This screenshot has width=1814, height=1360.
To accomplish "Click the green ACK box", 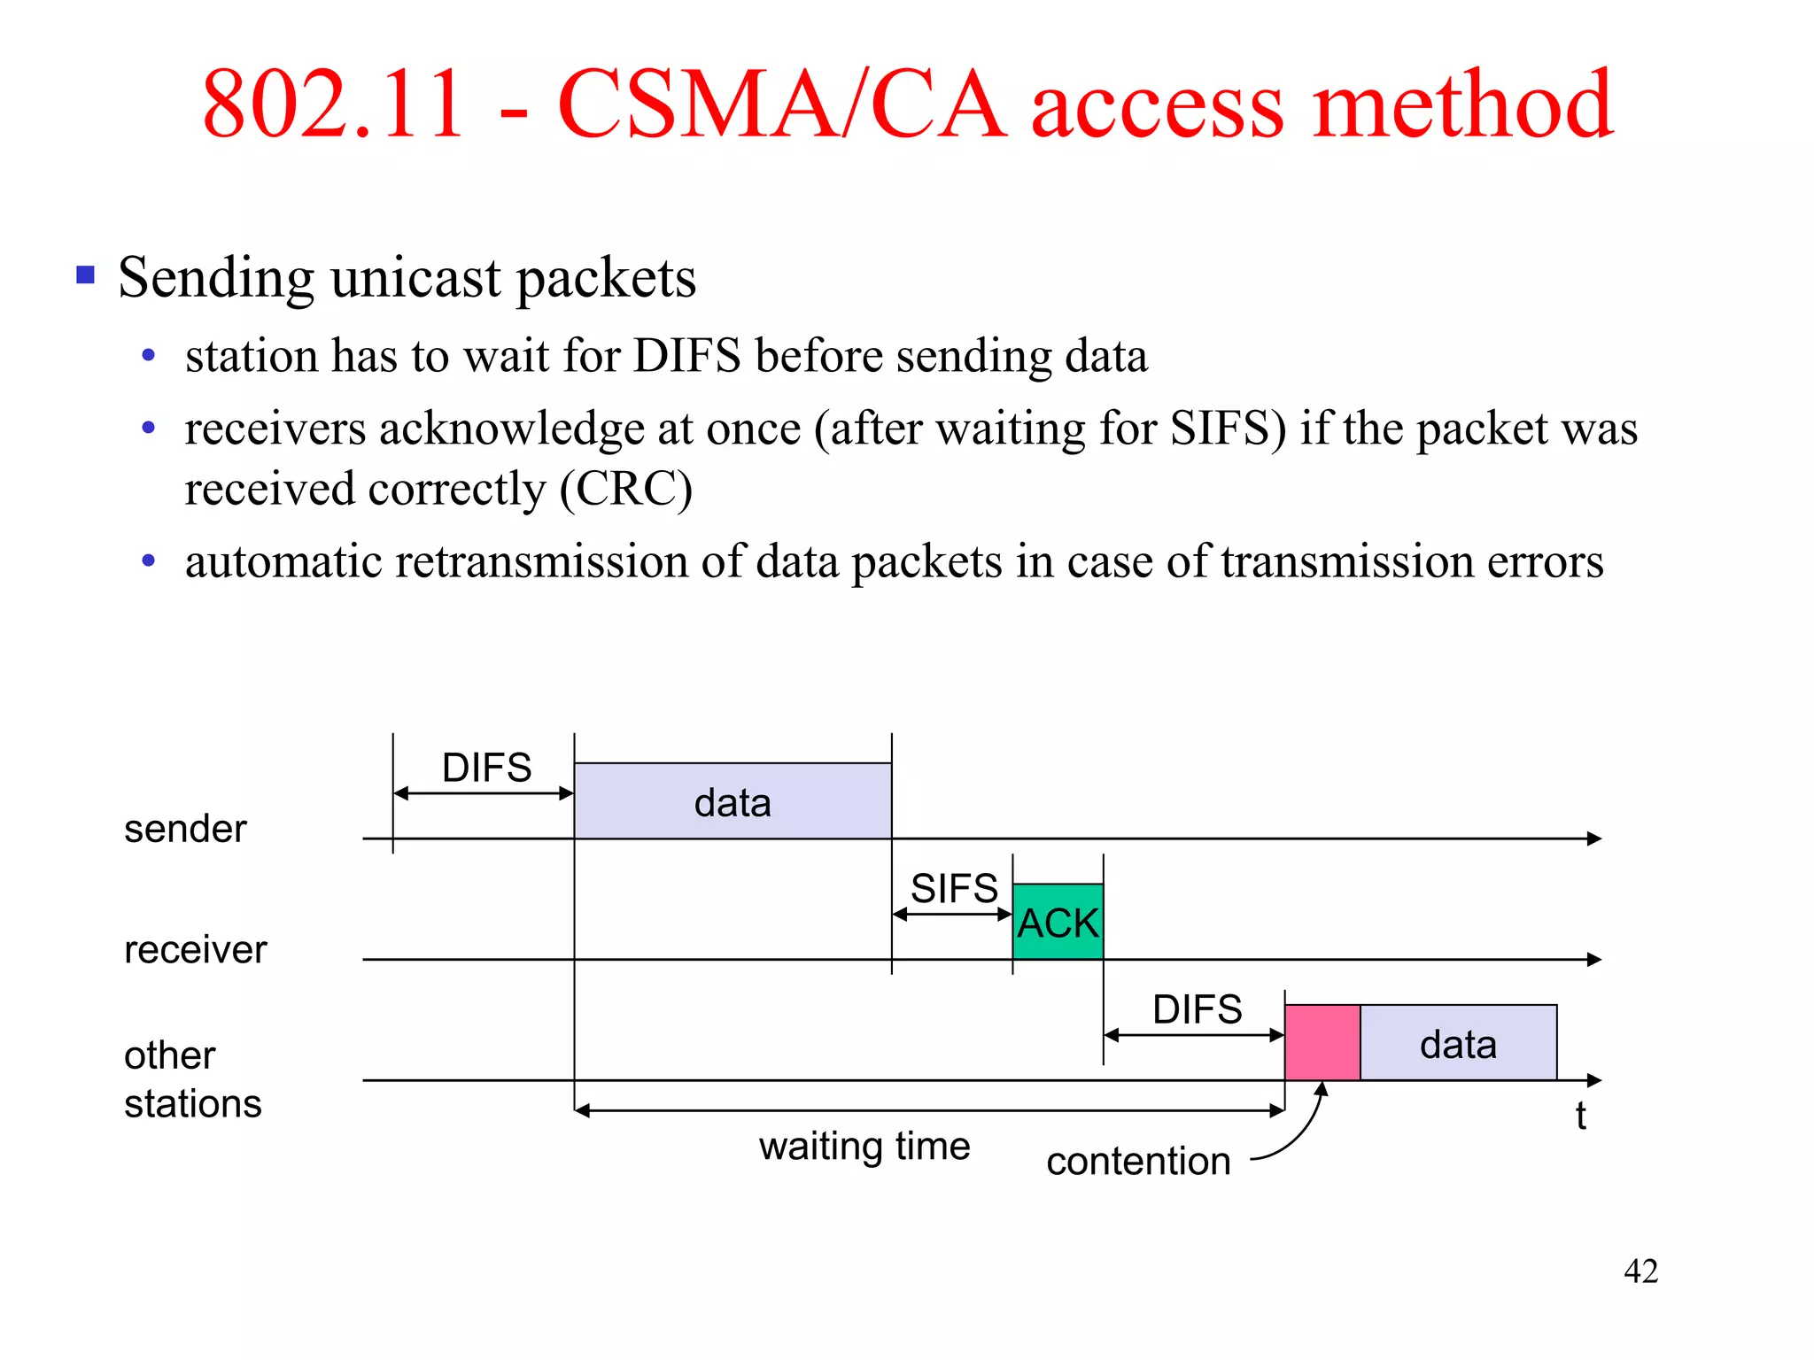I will (x=1058, y=922).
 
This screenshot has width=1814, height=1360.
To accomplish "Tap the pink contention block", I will (x=1322, y=1042).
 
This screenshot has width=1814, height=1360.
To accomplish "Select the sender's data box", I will (x=733, y=801).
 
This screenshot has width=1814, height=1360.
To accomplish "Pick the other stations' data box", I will (x=1458, y=1043).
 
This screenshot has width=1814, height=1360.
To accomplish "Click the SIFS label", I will (x=954, y=888).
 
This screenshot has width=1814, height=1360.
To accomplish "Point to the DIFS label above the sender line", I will (x=486, y=768).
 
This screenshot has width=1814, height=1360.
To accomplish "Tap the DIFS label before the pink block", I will (x=1197, y=1009).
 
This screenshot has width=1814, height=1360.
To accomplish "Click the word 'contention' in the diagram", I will (x=1138, y=1161).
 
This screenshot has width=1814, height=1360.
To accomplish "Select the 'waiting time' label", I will (x=864, y=1146).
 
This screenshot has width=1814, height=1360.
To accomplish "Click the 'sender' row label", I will (x=185, y=829).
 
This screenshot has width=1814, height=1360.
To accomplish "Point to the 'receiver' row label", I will (x=195, y=950).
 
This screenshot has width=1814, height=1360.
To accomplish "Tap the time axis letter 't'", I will (x=1580, y=1116).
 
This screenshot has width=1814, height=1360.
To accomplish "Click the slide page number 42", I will (x=1640, y=1271).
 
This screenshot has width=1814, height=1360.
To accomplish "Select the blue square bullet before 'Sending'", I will (x=86, y=274).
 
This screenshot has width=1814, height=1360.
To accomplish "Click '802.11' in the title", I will (x=334, y=104).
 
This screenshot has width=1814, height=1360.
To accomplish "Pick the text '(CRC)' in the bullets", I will (x=625, y=489).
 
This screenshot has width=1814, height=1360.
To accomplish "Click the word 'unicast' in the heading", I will (x=415, y=278).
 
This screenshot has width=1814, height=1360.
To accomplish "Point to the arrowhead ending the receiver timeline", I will (x=1594, y=960).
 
